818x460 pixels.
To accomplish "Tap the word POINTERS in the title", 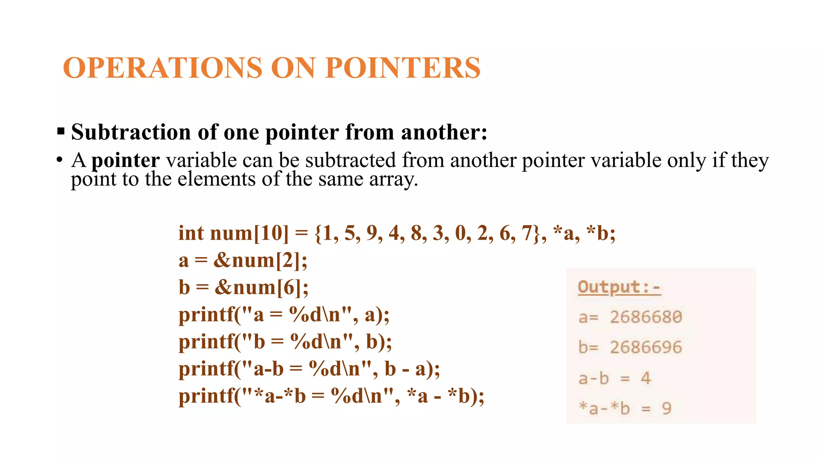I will [x=403, y=67].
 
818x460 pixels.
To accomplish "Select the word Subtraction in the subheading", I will [x=131, y=132].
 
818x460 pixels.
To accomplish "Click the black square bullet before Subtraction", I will [x=61, y=131].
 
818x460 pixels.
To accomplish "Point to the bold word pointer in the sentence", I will [x=125, y=161].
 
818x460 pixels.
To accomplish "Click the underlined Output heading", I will [x=619, y=287].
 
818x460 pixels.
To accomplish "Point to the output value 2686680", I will [x=646, y=317].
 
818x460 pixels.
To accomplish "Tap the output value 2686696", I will [x=646, y=347].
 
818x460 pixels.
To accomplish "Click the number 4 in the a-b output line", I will [x=646, y=378].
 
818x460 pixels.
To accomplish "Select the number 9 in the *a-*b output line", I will [x=666, y=408].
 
